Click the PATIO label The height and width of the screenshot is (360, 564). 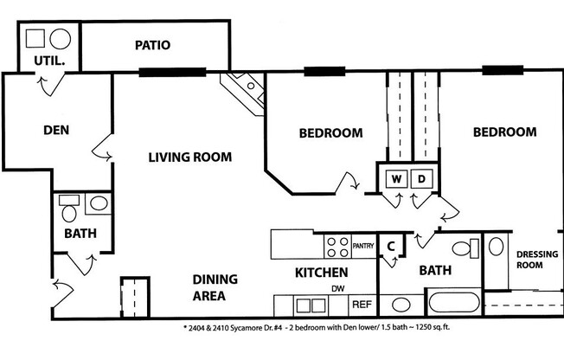click(x=152, y=45)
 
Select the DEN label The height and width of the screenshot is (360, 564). click(x=56, y=131)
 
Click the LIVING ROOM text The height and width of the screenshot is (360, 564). click(x=189, y=157)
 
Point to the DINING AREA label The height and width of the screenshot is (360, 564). click(x=208, y=288)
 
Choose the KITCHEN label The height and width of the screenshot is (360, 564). click(x=322, y=273)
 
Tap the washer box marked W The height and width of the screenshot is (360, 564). click(x=396, y=179)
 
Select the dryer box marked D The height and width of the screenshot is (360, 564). click(x=422, y=179)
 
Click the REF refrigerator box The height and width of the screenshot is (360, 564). click(x=361, y=305)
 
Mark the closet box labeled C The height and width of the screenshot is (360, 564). click(x=390, y=246)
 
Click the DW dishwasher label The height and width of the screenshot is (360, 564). click(x=338, y=288)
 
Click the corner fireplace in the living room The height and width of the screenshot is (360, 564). click(x=242, y=88)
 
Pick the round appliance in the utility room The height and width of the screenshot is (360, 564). click(x=61, y=39)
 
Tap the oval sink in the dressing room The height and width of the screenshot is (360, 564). click(x=496, y=246)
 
